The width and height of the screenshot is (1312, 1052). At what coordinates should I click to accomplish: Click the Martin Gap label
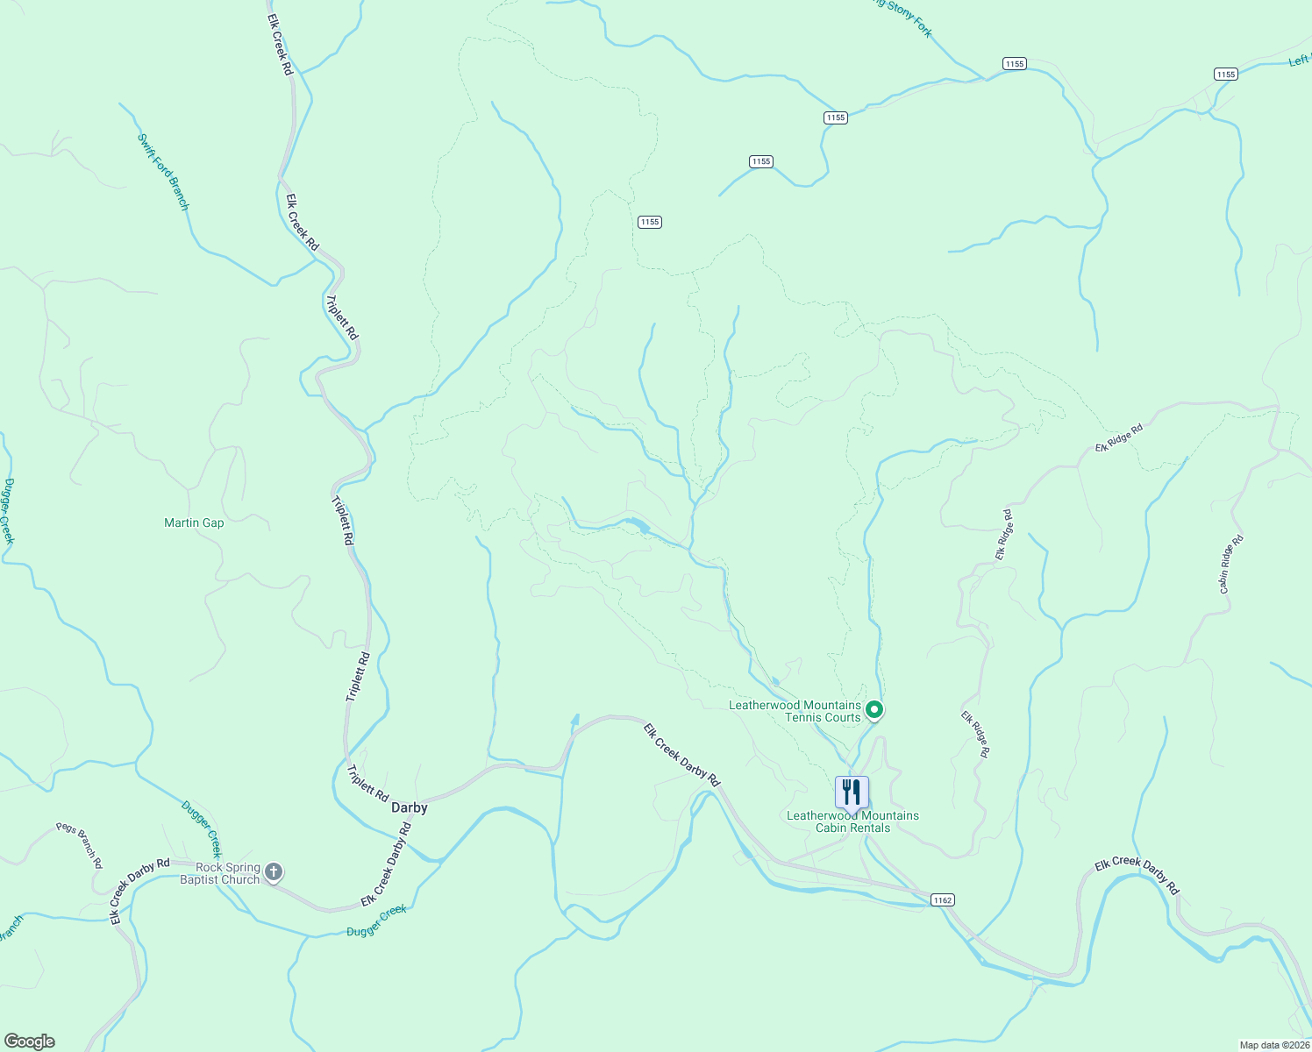click(194, 523)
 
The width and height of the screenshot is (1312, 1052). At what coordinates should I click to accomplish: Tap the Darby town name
click(409, 807)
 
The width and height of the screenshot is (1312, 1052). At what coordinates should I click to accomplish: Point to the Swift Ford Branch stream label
click(164, 172)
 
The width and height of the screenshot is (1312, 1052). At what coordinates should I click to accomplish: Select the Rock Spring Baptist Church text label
click(220, 873)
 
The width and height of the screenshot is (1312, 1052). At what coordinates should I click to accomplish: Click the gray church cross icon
click(274, 871)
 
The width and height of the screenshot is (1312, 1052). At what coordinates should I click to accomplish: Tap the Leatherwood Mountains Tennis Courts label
click(795, 711)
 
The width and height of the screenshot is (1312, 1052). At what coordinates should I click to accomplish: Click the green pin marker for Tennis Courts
click(873, 709)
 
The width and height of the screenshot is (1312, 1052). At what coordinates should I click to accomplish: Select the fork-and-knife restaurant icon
click(851, 792)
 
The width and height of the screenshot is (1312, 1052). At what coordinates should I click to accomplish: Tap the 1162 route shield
click(942, 899)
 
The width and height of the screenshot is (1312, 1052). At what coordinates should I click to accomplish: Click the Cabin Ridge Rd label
click(1231, 565)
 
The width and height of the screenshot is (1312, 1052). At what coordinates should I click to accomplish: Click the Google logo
click(30, 1041)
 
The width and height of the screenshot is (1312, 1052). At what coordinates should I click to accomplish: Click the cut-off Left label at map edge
click(1299, 60)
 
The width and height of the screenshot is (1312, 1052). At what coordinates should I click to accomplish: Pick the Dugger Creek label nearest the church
click(203, 828)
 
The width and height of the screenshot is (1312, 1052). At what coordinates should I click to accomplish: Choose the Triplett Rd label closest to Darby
click(367, 784)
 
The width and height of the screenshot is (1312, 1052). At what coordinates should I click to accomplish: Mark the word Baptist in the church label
click(202, 879)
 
